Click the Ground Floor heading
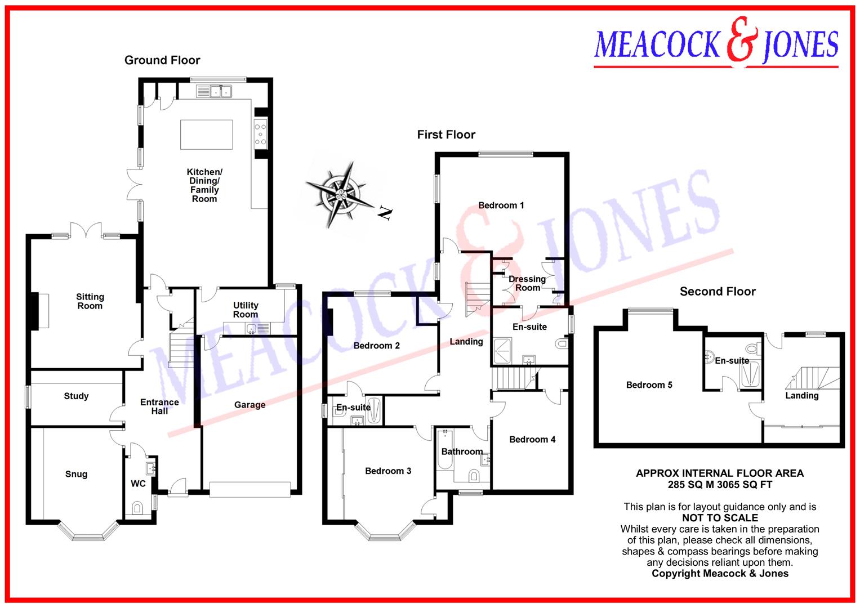point(162,60)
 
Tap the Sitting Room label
point(90,301)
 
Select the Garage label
point(249,405)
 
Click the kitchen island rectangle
point(206,134)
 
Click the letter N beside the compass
point(385,213)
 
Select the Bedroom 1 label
point(501,205)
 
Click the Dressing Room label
point(527,283)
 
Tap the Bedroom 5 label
point(649,385)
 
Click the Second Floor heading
point(718,292)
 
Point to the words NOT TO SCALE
point(720,518)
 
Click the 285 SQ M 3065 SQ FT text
point(720,485)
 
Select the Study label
point(76,396)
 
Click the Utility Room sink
point(252,328)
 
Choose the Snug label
point(76,474)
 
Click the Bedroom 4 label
point(532,440)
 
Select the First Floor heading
point(446,135)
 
